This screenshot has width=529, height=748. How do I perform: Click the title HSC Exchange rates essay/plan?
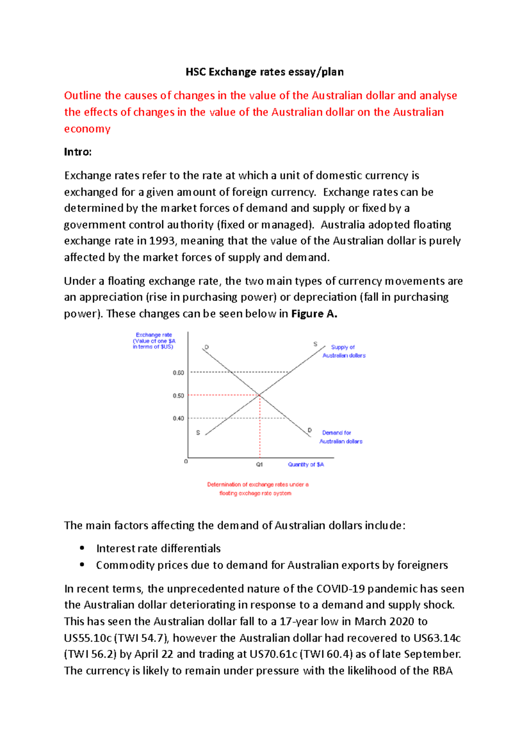point(264,72)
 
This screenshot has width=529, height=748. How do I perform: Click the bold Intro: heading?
point(78,152)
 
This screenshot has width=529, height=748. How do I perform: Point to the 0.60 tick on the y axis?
point(179,373)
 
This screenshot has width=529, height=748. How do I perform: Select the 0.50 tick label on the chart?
point(179,396)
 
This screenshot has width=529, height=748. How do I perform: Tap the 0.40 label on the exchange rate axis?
point(179,418)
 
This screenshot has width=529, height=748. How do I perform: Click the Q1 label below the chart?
point(260,464)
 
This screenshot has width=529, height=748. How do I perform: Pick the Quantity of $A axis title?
point(306,464)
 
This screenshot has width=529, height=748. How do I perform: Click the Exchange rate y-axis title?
point(154,341)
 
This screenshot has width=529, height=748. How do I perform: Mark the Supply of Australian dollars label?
point(344,351)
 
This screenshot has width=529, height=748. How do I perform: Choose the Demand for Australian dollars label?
point(340,437)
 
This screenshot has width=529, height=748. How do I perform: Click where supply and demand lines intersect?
point(260,395)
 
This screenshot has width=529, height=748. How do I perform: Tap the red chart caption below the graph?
point(257,489)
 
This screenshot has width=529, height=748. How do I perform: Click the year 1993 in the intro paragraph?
point(162,241)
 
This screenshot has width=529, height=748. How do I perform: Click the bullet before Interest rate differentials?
point(82,548)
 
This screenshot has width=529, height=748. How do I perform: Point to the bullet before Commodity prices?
point(82,565)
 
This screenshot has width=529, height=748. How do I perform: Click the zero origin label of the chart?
point(186,461)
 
